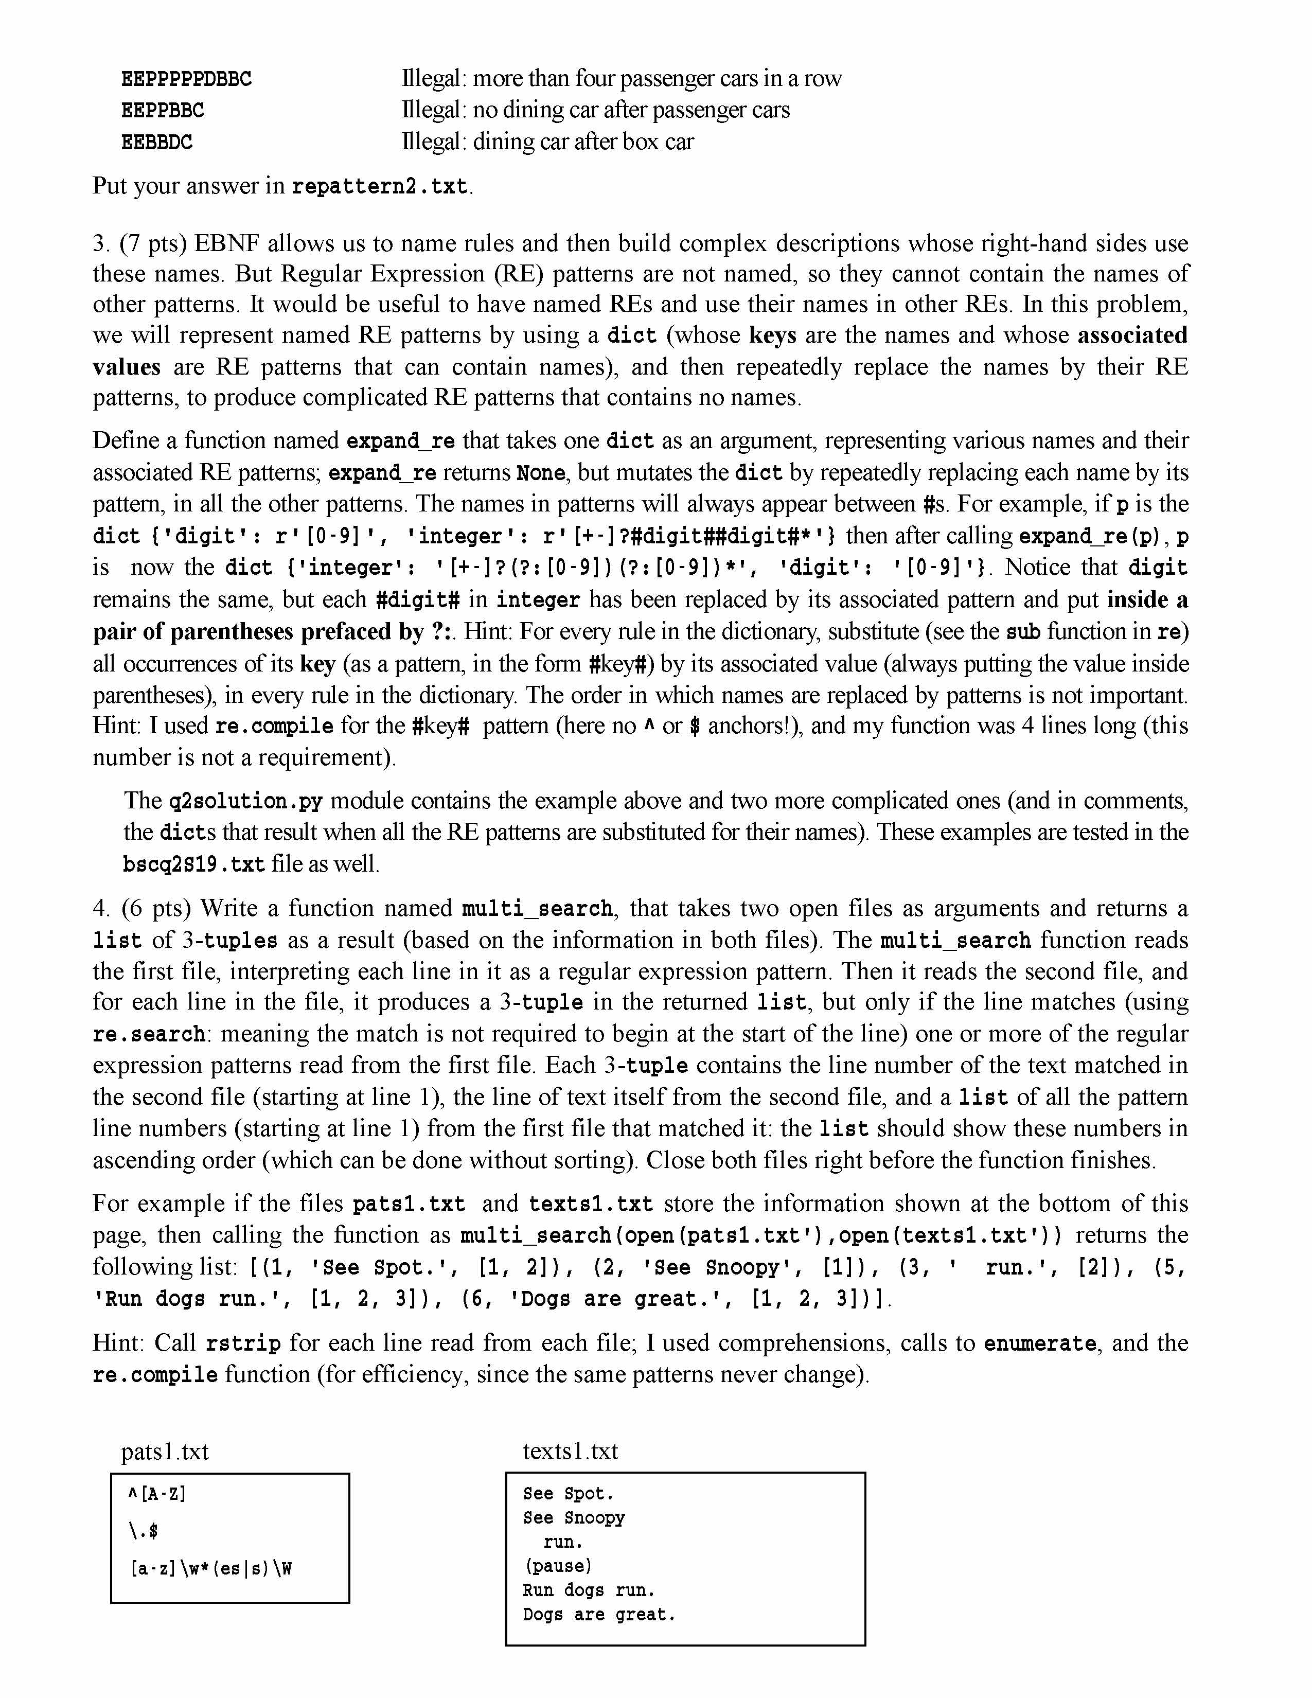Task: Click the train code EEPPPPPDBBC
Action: (x=187, y=79)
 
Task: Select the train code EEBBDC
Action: (x=156, y=143)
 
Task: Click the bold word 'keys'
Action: (x=773, y=335)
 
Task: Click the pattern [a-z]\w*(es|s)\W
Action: (x=210, y=1569)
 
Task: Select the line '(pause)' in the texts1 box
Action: (x=557, y=1566)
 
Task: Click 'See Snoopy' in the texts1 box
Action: (x=574, y=1517)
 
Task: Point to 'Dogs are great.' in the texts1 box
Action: (x=598, y=1614)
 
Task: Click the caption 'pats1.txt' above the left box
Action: (x=165, y=1452)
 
